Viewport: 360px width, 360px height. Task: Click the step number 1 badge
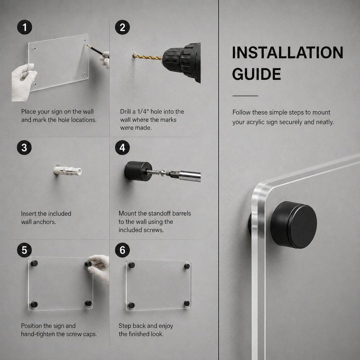pyautogui.click(x=24, y=27)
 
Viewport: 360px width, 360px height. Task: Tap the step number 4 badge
pyautogui.click(x=122, y=148)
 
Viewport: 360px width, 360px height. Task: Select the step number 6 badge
pyautogui.click(x=122, y=250)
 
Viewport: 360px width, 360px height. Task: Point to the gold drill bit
pyautogui.click(x=146, y=57)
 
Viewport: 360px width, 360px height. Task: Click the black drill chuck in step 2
pyautogui.click(x=181, y=62)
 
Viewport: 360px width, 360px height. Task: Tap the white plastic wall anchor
pyautogui.click(x=68, y=170)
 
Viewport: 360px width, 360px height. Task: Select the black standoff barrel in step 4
pyautogui.click(x=138, y=171)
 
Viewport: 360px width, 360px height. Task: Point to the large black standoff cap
pyautogui.click(x=294, y=225)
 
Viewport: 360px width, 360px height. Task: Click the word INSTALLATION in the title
pyautogui.click(x=288, y=52)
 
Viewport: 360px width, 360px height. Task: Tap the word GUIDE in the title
pyautogui.click(x=256, y=74)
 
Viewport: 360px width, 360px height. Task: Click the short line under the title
pyautogui.click(x=245, y=96)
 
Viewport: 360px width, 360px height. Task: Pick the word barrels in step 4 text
pyautogui.click(x=182, y=214)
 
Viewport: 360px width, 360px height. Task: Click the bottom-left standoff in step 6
pyautogui.click(x=131, y=305)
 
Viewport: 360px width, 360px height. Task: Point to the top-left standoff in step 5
pyautogui.click(x=34, y=263)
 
